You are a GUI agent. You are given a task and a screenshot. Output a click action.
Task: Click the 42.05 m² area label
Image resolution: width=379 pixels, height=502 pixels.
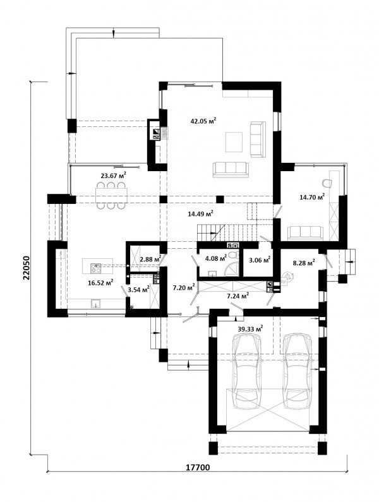point(203,121)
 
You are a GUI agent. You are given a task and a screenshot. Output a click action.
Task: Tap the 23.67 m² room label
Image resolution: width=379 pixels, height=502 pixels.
point(114,175)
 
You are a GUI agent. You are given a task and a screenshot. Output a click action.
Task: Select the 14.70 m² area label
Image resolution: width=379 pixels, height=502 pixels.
point(312,197)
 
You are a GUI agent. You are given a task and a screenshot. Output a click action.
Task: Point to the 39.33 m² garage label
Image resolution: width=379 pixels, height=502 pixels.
point(251,328)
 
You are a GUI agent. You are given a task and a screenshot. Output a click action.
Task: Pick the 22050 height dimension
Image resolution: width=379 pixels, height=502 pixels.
point(26,268)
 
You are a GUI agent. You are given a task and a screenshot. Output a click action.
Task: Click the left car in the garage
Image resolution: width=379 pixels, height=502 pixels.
point(246,371)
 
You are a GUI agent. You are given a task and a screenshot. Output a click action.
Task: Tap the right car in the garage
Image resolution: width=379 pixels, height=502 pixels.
point(298,371)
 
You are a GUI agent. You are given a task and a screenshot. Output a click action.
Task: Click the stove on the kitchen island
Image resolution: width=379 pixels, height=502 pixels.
point(95,268)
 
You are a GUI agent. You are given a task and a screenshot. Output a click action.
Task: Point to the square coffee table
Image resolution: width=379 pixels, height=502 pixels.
point(234,142)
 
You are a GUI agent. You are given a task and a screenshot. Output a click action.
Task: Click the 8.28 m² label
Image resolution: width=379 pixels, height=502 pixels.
point(304,263)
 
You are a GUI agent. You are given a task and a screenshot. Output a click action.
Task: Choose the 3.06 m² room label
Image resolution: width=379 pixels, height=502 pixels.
point(260,260)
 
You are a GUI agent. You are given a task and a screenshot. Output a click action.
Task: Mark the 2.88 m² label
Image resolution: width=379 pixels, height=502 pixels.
point(150,259)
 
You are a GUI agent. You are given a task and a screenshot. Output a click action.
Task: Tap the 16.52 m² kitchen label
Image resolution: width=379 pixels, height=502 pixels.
point(100,282)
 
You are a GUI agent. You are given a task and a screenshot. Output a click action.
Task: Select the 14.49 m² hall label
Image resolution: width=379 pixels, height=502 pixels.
point(200,214)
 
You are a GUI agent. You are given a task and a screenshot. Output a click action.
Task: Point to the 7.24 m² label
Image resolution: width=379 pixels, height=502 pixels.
point(238,296)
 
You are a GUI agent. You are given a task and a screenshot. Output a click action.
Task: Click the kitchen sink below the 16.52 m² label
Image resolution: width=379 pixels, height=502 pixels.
point(96,303)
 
